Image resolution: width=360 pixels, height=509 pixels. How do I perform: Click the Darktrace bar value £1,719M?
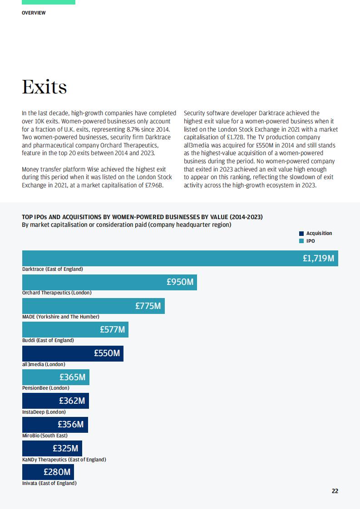click(x=318, y=258)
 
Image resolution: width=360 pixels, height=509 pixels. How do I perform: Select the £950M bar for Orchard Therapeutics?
click(x=109, y=282)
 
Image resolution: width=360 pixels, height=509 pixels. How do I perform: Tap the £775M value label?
click(x=148, y=306)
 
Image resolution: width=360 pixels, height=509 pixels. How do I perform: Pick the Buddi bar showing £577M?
click(x=75, y=329)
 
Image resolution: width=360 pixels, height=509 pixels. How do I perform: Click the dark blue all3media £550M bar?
click(x=73, y=353)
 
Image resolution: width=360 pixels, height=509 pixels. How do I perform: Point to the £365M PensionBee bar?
click(x=55, y=377)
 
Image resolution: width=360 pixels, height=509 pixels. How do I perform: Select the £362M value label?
click(x=72, y=401)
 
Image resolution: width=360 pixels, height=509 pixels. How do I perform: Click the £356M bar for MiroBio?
click(x=55, y=425)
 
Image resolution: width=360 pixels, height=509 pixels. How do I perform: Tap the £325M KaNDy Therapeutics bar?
click(x=52, y=448)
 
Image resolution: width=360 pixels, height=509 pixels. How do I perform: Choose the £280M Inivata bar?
click(x=48, y=472)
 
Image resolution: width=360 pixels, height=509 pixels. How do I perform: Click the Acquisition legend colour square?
click(x=301, y=233)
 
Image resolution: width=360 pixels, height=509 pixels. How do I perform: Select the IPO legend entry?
click(x=307, y=241)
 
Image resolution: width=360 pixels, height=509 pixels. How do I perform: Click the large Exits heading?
click(x=44, y=87)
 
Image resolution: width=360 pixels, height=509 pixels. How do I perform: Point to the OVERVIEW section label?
click(x=34, y=13)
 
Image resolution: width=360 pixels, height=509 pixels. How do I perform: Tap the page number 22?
click(x=335, y=491)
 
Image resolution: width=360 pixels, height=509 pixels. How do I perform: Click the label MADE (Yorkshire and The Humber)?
click(x=61, y=317)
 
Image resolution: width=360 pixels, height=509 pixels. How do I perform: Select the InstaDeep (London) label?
click(x=44, y=412)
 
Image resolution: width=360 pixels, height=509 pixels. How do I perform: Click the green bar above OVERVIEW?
click(x=49, y=2)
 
